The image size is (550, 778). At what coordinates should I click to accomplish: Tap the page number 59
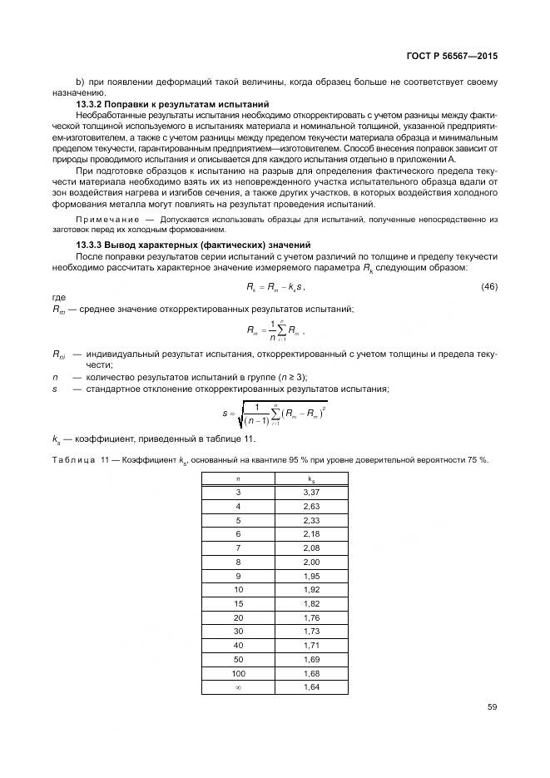(492, 708)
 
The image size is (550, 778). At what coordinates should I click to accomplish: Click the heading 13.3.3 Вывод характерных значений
(193, 245)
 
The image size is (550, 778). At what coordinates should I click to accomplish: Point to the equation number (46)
(489, 286)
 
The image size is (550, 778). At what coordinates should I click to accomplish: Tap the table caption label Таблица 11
(80, 459)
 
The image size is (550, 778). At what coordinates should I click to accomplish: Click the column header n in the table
(238, 479)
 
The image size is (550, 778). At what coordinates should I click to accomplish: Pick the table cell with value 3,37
(310, 493)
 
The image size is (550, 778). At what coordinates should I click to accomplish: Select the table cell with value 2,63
(310, 506)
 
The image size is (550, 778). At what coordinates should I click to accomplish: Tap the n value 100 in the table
(238, 672)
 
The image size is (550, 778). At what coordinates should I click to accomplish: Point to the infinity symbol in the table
(238, 686)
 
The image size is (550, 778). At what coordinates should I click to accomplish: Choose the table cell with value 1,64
(310, 686)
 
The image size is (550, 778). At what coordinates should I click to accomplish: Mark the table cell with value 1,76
(310, 617)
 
